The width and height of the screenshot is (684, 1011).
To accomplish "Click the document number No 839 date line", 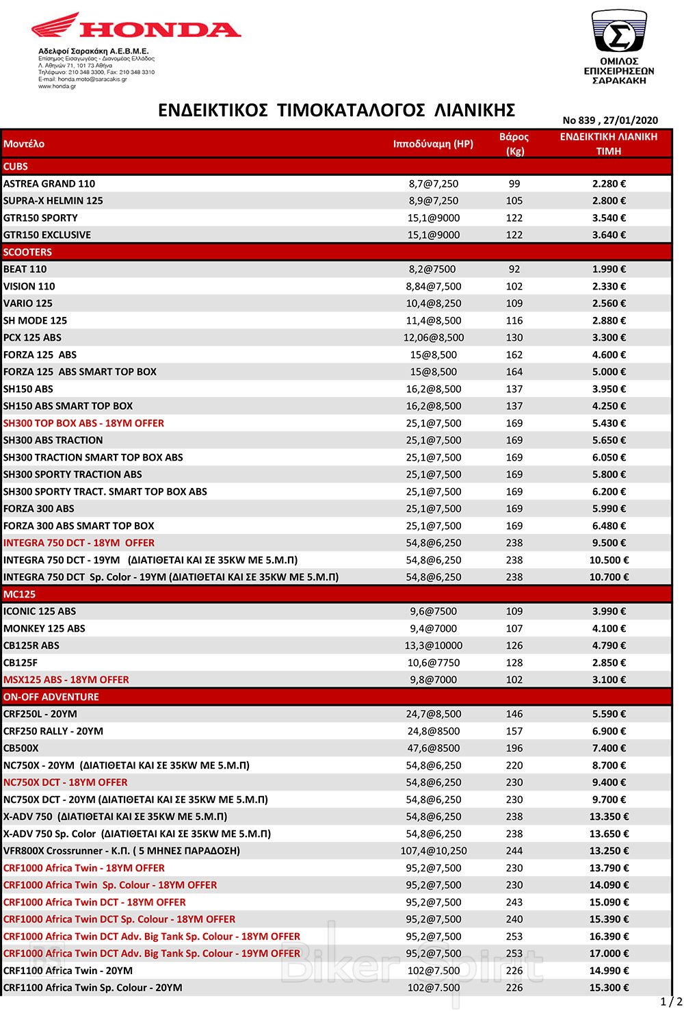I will (x=610, y=120).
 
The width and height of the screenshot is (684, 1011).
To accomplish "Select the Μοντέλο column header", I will (x=24, y=144).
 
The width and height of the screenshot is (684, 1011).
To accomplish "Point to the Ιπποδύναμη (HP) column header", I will (x=433, y=144).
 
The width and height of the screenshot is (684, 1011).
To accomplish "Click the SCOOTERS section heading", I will (x=27, y=252).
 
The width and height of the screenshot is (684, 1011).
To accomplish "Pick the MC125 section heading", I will (x=19, y=594).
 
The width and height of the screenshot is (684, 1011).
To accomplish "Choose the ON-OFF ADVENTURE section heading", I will (x=51, y=697).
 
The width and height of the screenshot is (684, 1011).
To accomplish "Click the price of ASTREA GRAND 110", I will (x=609, y=183).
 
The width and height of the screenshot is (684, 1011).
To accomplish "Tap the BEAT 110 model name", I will (x=25, y=269).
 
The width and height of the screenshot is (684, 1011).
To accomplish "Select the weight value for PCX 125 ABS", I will (x=514, y=337).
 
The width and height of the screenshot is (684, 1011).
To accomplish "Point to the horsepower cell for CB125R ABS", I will (x=434, y=645).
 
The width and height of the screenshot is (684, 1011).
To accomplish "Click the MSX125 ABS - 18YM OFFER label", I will (x=66, y=680).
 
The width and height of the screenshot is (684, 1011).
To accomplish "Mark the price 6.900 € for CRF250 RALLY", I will (x=609, y=731).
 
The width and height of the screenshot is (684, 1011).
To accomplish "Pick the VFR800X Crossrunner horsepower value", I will (x=434, y=851).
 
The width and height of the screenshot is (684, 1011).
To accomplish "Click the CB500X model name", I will (x=21, y=748).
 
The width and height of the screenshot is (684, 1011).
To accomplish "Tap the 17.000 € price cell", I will (x=609, y=954).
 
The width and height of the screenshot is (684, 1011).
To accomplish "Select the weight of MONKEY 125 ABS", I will (x=514, y=628).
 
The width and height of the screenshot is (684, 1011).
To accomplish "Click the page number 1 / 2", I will (x=671, y=1001).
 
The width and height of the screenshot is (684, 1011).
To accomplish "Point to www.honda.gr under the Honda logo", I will (x=57, y=86).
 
